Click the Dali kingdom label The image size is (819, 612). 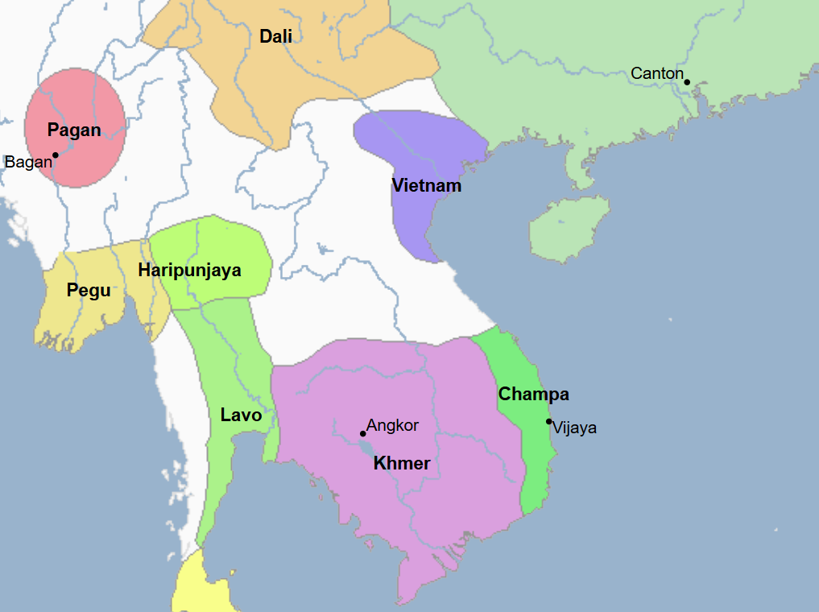(275, 36)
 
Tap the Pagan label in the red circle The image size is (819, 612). (74, 130)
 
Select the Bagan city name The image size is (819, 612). (28, 162)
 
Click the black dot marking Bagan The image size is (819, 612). (56, 155)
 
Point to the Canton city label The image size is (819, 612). (656, 73)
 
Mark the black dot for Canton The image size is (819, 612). (687, 81)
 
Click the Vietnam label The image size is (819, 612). (427, 186)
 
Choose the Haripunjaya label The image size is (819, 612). (189, 270)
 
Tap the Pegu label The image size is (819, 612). (89, 290)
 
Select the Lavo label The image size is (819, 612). (241, 416)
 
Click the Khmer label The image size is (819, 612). (402, 464)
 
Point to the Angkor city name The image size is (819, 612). (392, 425)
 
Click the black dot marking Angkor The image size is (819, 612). (362, 433)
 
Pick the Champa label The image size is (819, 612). (533, 395)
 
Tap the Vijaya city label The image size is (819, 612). (575, 428)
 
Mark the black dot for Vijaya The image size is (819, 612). (548, 421)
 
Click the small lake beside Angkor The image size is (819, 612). (367, 448)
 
